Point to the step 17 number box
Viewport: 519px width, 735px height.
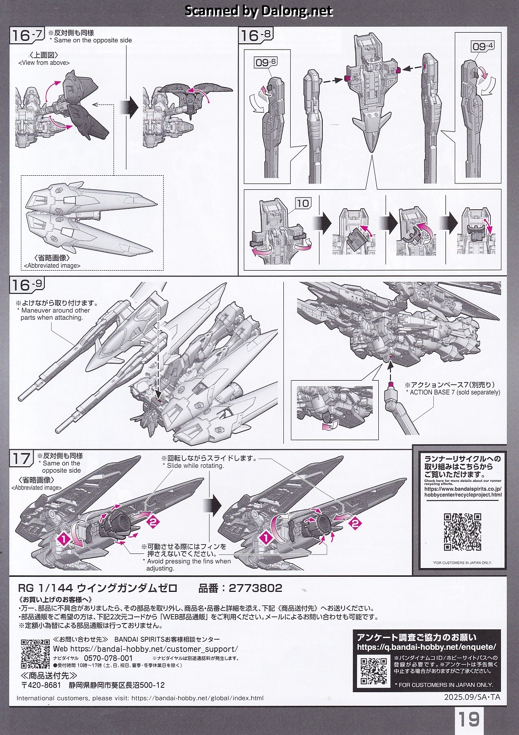[22, 459]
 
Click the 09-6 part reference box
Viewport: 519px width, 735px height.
[266, 62]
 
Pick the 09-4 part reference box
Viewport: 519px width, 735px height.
[482, 46]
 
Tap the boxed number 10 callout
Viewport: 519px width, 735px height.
[303, 203]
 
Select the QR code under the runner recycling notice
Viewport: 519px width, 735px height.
[463, 532]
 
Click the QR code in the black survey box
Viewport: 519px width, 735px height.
[373, 671]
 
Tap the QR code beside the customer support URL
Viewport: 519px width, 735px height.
[35, 654]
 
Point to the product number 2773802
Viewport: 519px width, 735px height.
[255, 588]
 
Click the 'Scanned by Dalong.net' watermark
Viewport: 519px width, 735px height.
[259, 11]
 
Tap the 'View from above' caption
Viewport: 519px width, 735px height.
[44, 63]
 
